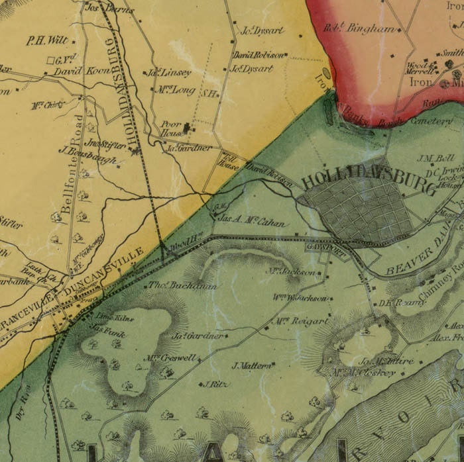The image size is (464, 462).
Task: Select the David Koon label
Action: tap(76, 71)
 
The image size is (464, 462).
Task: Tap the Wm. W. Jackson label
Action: tap(300, 298)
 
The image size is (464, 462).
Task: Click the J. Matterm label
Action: tap(253, 365)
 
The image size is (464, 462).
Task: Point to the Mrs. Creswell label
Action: tap(170, 358)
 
